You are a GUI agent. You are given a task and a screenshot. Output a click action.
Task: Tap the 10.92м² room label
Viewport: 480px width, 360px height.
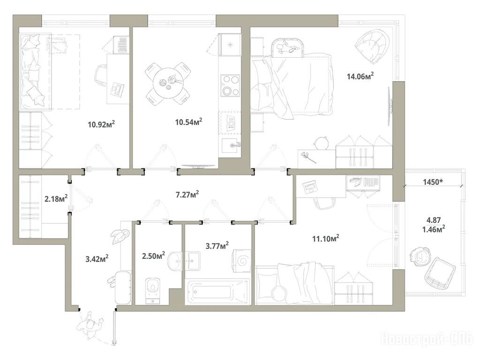tap(101, 124)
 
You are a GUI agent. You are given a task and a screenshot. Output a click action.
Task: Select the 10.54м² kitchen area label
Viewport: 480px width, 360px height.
tap(188, 122)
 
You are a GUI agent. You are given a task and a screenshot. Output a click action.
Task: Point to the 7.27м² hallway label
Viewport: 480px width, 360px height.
tap(187, 194)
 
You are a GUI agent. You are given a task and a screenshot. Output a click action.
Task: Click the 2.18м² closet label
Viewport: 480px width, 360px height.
tap(56, 199)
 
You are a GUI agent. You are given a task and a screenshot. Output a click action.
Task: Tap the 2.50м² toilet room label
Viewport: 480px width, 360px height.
tap(153, 255)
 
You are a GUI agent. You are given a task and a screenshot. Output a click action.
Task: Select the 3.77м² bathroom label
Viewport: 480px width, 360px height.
tap(217, 246)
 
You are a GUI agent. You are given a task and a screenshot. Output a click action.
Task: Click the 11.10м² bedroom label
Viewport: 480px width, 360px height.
tap(326, 238)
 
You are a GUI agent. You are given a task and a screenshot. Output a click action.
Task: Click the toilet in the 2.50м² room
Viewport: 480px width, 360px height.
tap(153, 290)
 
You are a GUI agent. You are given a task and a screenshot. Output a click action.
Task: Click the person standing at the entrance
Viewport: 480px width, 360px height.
tap(90, 324)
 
